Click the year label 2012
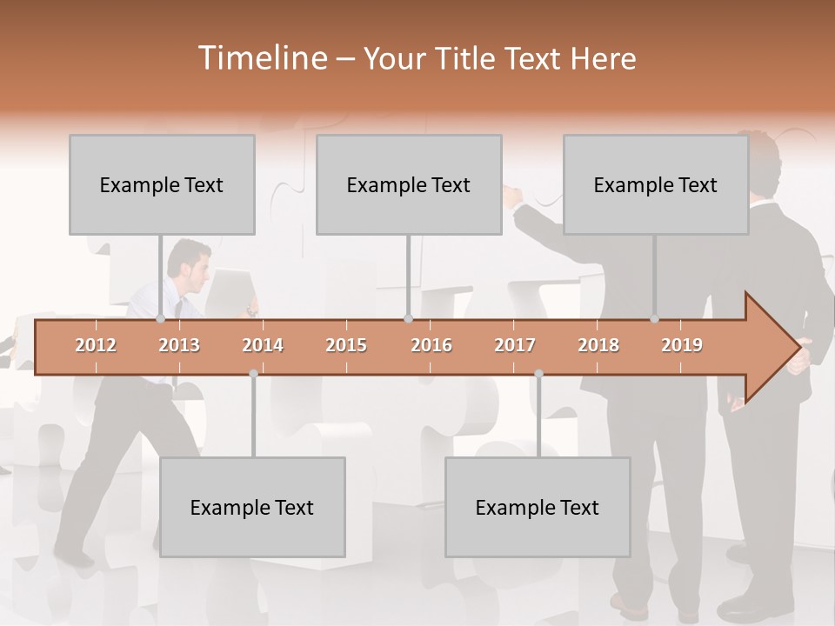tap(96, 345)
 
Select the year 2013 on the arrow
tap(179, 345)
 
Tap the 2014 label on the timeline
tap(263, 345)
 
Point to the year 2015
tap(346, 345)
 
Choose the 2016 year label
tap(431, 345)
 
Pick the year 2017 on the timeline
tap(515, 345)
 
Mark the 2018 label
tap(598, 345)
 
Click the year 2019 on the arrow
tap(682, 345)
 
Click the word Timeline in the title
tap(261, 58)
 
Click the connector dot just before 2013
tap(160, 319)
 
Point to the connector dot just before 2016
tap(408, 319)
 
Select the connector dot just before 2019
tap(654, 319)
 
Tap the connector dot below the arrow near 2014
tap(253, 373)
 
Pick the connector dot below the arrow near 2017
tap(538, 373)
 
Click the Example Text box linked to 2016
tap(409, 185)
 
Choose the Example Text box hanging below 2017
tap(538, 507)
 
